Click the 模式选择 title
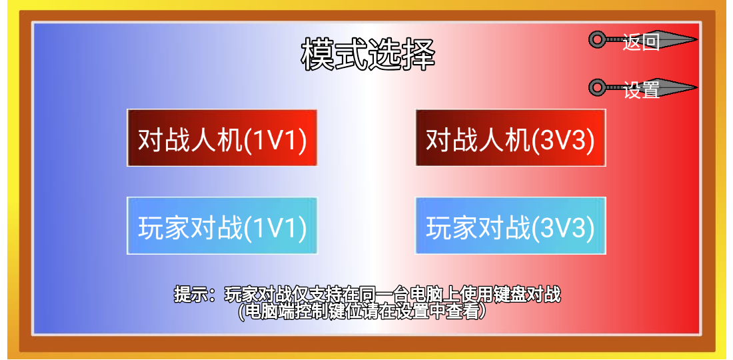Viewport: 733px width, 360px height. [x=368, y=55]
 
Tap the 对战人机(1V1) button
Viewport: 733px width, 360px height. [x=222, y=138]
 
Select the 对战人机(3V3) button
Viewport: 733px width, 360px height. [x=510, y=138]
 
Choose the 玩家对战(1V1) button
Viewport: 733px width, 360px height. [x=222, y=226]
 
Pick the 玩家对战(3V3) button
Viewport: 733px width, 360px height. [x=510, y=226]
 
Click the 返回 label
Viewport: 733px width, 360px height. [x=641, y=41]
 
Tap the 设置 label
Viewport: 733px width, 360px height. [x=641, y=89]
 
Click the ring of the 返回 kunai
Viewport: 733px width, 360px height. [x=596, y=40]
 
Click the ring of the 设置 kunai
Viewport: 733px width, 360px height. [x=596, y=87]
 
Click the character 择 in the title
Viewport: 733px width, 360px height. [x=419, y=55]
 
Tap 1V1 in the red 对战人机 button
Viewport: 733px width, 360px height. [x=275, y=139]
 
